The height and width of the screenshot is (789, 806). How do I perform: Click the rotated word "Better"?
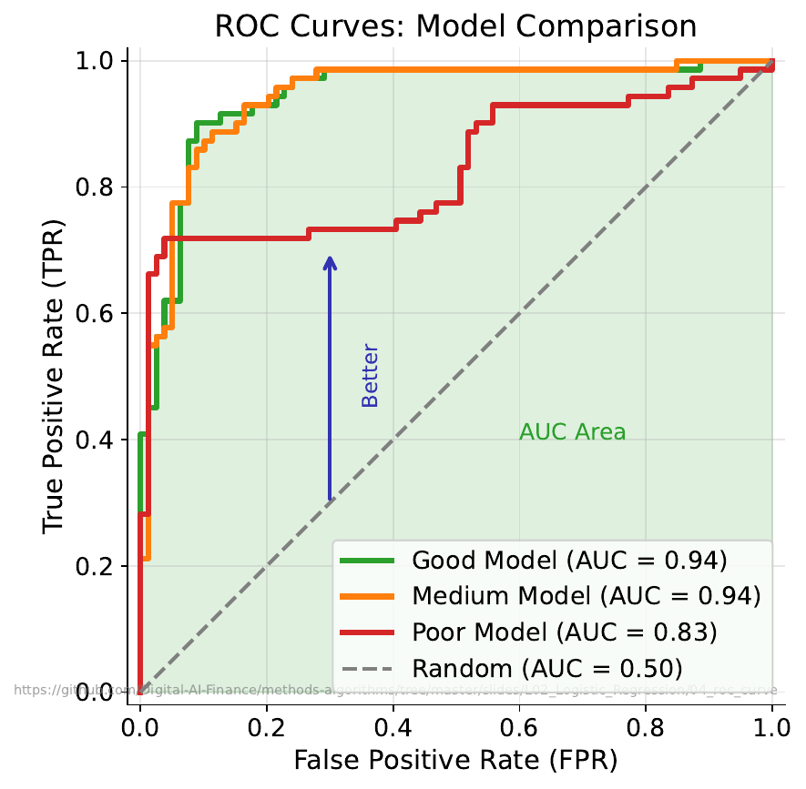pyautogui.click(x=370, y=375)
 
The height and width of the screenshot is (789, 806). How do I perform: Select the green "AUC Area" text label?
pyautogui.click(x=572, y=432)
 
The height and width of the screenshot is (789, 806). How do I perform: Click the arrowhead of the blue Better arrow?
pyautogui.click(x=330, y=262)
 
